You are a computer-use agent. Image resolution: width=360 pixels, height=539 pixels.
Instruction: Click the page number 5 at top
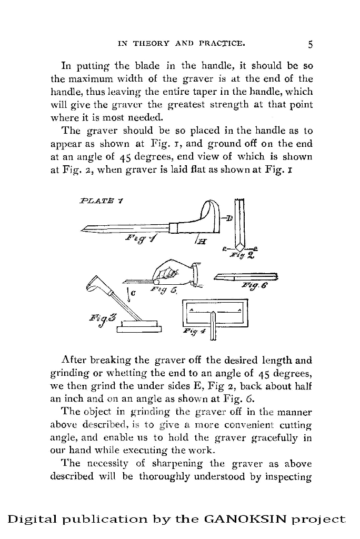[x=311, y=44]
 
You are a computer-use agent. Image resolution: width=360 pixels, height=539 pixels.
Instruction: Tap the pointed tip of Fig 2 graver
[x=240, y=248]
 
